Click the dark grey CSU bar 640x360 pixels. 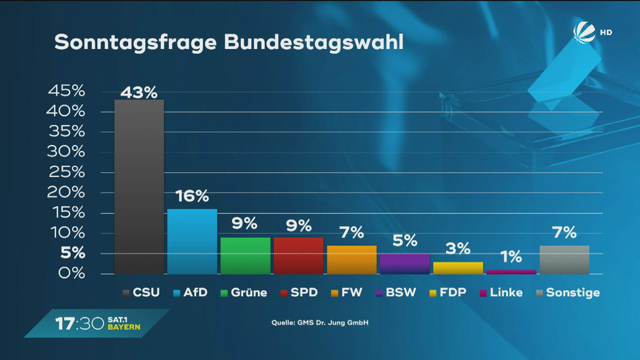pos(139,187)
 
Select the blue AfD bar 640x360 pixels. pos(192,242)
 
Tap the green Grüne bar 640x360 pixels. pos(245,256)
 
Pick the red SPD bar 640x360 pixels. pos(298,256)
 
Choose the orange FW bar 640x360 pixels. pos(351,260)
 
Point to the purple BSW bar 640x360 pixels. pos(404,264)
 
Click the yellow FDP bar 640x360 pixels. pos(458,268)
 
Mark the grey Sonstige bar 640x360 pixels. pos(564,260)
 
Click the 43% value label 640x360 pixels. pos(139,92)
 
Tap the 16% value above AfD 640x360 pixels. pos(192,197)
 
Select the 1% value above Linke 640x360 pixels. pos(511,257)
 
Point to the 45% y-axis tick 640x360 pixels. pos(66,91)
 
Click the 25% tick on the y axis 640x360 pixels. pos(66,171)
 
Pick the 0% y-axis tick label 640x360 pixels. pos(70,274)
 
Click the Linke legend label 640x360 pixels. pos(506,293)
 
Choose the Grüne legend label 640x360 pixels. pos(249,293)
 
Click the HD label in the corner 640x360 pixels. pos(605,32)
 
